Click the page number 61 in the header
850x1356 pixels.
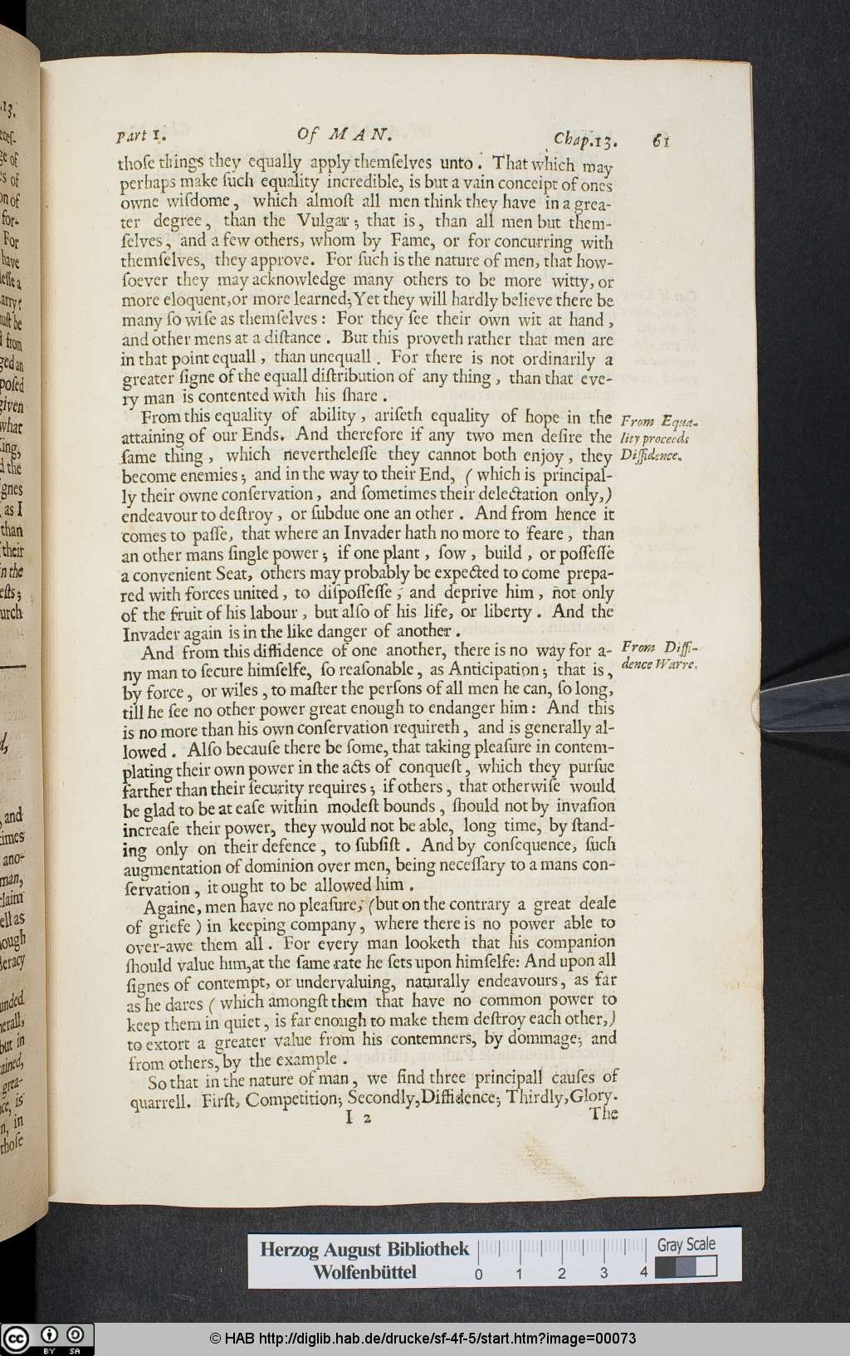click(661, 140)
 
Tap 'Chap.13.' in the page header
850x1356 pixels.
click(584, 139)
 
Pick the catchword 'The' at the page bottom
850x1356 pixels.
click(603, 1114)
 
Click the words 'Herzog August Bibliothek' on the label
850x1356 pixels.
click(364, 1250)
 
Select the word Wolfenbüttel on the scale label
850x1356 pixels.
click(364, 1272)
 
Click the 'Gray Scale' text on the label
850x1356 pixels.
click(686, 1245)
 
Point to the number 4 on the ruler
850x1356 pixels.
click(644, 1273)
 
